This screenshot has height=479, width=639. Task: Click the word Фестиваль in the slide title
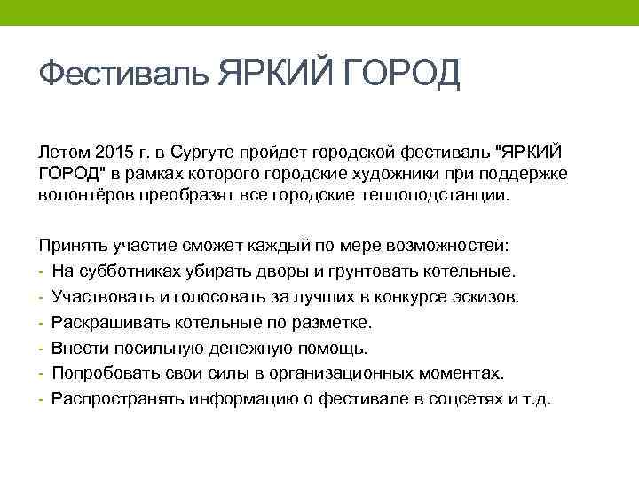click(123, 74)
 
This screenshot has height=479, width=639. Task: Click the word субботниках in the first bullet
click(116, 271)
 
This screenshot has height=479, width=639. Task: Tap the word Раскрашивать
click(100, 322)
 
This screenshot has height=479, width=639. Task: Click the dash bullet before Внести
click(42, 348)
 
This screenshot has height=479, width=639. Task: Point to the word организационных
click(359, 373)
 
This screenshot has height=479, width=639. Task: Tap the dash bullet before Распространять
click(42, 399)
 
